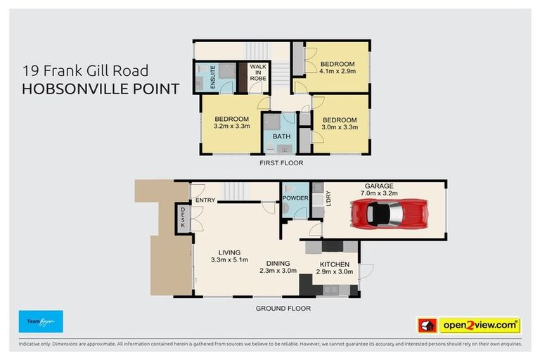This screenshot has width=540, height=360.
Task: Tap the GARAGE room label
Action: tap(378, 186)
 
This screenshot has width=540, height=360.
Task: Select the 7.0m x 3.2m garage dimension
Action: tap(378, 193)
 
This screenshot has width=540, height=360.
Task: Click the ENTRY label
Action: tap(206, 200)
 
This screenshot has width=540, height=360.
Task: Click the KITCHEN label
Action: tap(334, 264)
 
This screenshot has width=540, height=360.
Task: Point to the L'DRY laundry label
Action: tap(328, 199)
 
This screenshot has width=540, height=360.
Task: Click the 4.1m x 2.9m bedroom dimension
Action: tap(337, 71)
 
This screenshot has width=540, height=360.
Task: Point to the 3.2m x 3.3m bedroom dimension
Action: tap(231, 127)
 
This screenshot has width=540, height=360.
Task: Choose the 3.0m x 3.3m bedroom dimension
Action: tap(340, 127)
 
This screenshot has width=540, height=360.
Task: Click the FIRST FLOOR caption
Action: tap(281, 163)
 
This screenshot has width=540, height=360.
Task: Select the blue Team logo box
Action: tap(41, 321)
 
